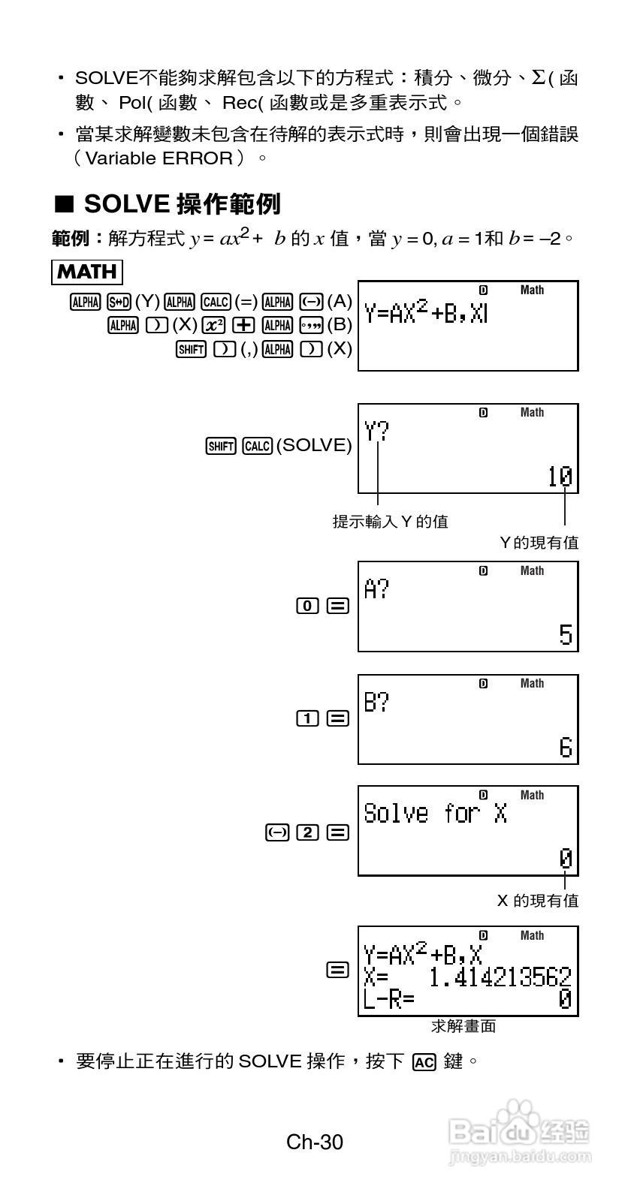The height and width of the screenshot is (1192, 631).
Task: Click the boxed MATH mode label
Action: coord(87,272)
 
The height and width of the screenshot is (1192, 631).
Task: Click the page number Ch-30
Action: coord(315,1142)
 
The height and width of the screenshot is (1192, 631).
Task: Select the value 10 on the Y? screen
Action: coord(560,477)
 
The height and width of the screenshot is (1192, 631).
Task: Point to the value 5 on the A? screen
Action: coord(566,635)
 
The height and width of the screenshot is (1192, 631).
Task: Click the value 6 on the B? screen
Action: coord(566,748)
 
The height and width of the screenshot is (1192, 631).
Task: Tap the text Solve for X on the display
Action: coord(436,814)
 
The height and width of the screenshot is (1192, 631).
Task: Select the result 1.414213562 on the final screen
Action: coord(500,977)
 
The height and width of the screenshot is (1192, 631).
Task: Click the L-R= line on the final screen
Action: coord(389,999)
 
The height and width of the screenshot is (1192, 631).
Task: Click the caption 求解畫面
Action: coord(463,1026)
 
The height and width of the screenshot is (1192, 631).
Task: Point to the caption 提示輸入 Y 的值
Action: coord(391,521)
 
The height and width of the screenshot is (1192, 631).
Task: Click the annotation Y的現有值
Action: coord(539,543)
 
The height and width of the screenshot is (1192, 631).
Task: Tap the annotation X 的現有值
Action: coord(538,900)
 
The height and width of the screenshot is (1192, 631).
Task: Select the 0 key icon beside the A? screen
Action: coord(307,607)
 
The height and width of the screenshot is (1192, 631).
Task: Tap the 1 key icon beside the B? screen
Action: coord(307,719)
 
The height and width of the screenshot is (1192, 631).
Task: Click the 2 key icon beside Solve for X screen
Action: coord(307,832)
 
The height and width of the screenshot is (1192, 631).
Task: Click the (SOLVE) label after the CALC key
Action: coord(314,446)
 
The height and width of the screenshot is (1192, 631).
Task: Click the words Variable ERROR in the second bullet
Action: coord(159,158)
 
